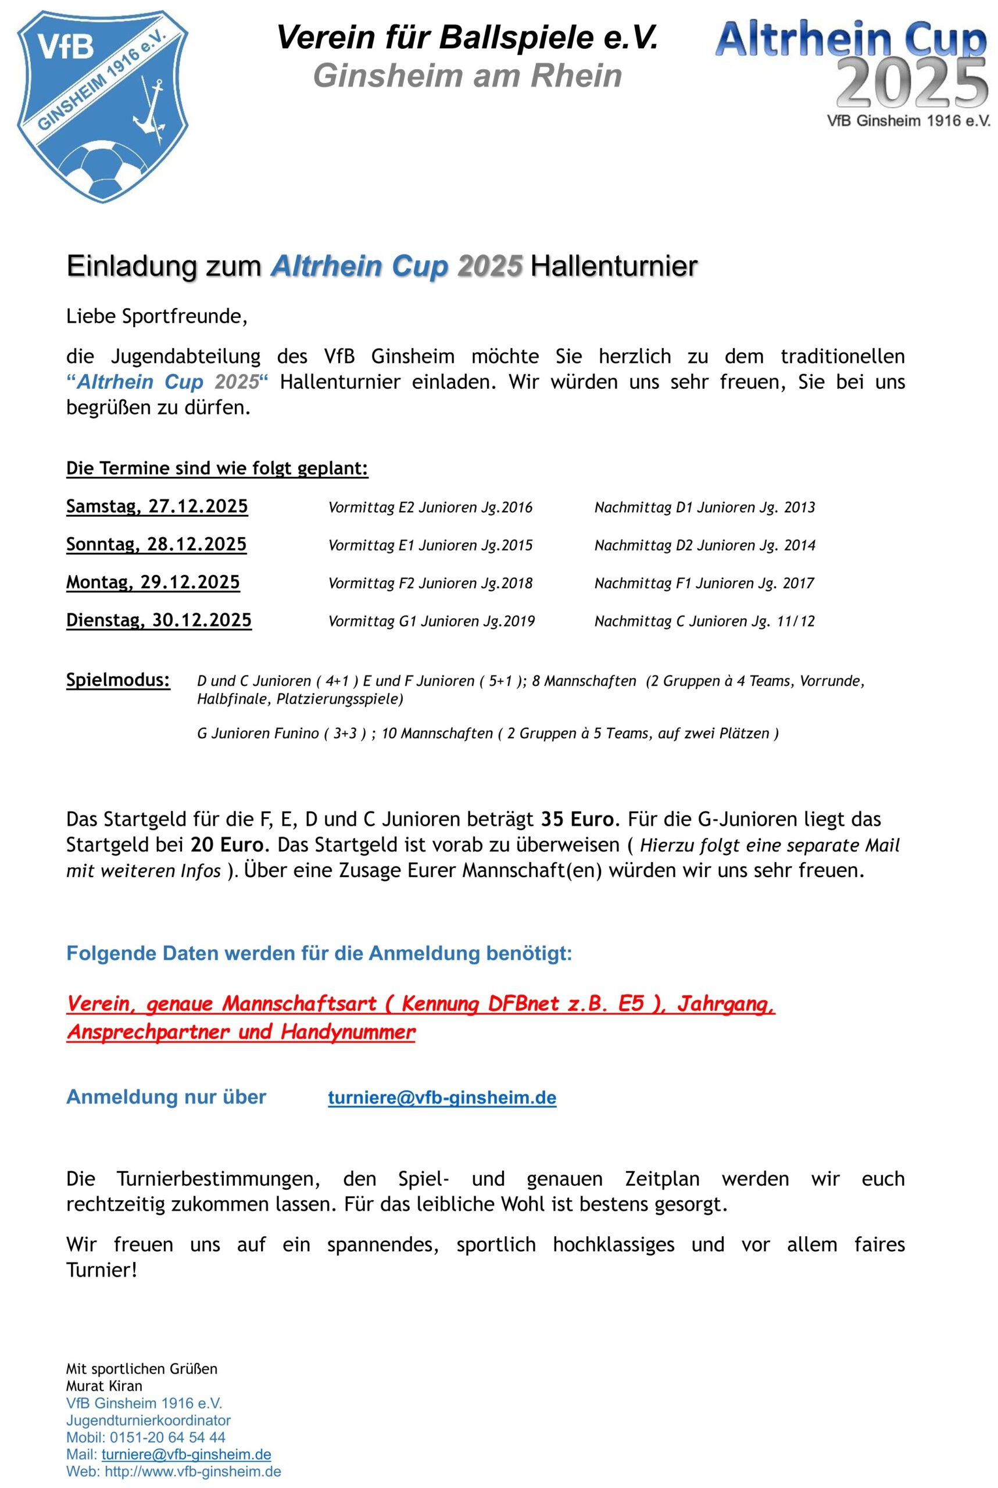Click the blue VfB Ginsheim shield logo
102,105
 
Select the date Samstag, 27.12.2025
157,507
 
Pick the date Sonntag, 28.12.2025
156,545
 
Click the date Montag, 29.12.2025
153,582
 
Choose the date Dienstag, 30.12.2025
159,621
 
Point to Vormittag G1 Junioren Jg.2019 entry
431,622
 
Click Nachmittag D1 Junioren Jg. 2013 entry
704,508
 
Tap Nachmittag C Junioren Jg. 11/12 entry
704,622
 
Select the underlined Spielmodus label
119,681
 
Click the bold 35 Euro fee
578,819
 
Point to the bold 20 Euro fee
227,845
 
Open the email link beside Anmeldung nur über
442,1098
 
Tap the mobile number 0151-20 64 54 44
167,1437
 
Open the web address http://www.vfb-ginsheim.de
193,1472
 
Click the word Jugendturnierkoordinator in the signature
148,1420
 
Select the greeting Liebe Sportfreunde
156,316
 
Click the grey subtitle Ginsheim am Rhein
468,76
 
